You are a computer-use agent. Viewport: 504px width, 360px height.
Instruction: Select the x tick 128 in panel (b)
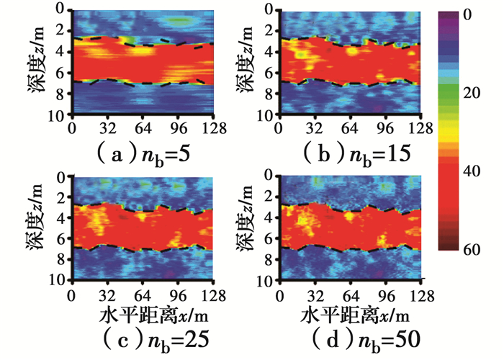point(410,129)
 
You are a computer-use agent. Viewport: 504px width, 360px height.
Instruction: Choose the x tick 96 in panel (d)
point(386,294)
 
